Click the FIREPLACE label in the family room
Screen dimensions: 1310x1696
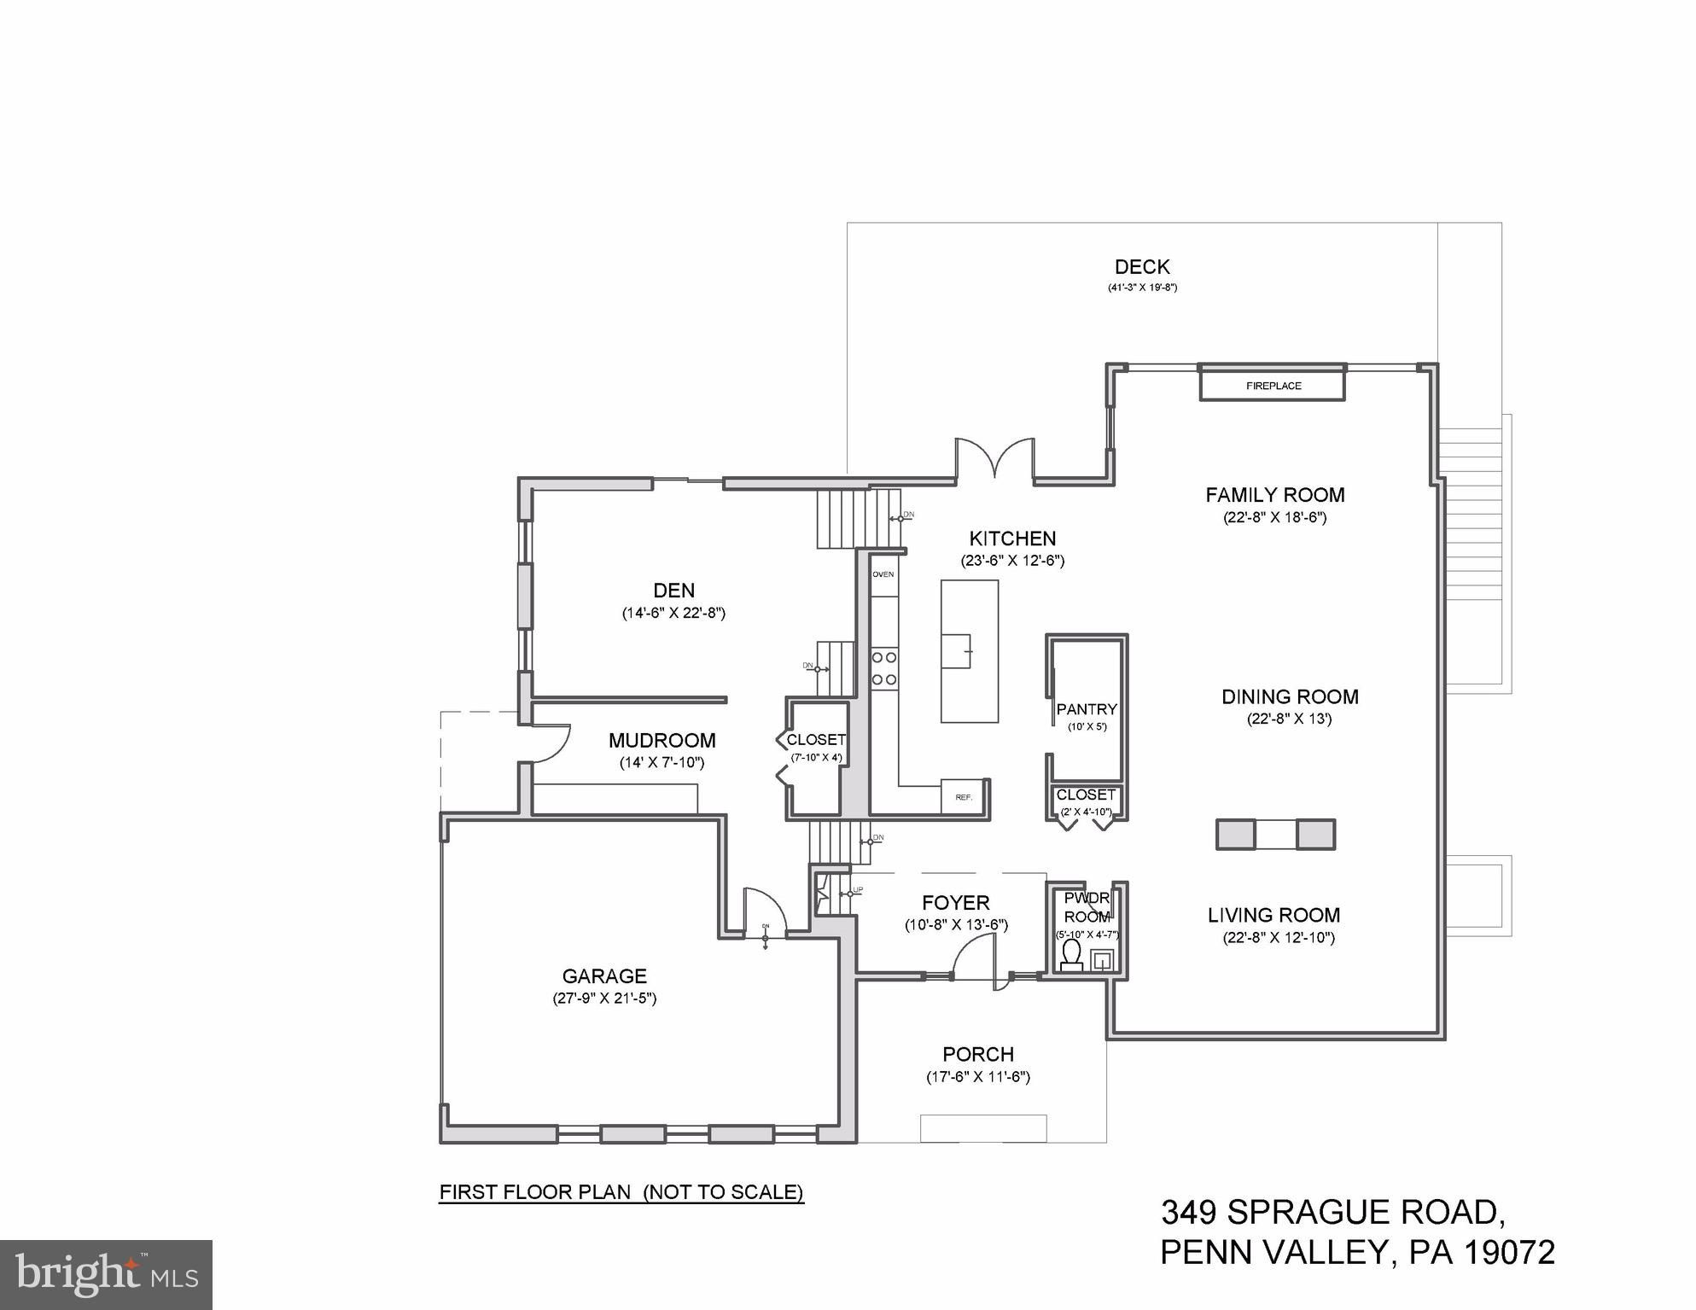point(1273,386)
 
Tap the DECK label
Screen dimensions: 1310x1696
point(1141,267)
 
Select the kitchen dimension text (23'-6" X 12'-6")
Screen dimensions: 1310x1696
point(1012,561)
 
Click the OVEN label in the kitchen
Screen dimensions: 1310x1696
point(883,574)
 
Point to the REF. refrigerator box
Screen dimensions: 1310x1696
point(964,797)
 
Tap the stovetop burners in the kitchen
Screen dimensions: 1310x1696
point(883,668)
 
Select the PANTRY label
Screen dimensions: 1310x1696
point(1086,709)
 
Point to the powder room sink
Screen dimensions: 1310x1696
point(1102,960)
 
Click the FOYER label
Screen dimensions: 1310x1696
point(956,903)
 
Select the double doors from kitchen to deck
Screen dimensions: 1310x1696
point(994,458)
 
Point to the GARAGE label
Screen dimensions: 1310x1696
point(604,975)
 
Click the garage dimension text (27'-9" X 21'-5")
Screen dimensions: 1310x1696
point(604,998)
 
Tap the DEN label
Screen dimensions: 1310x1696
point(673,591)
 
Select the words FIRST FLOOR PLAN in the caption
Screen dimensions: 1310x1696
point(535,1192)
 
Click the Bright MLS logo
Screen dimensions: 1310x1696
point(106,1274)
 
